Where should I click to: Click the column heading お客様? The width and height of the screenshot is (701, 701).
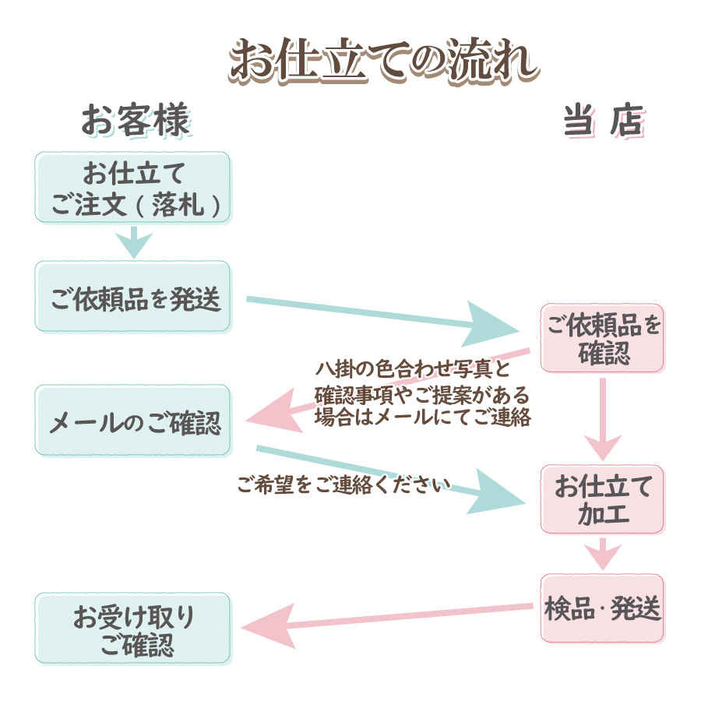click(135, 122)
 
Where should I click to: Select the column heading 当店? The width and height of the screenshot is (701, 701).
click(603, 122)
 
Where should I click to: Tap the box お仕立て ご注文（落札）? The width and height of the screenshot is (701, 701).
click(132, 187)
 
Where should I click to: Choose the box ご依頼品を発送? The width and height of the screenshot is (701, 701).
click(132, 297)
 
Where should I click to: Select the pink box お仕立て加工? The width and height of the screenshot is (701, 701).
click(602, 499)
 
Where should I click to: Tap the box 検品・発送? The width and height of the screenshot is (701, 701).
click(602, 608)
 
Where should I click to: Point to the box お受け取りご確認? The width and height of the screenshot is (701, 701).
click(132, 629)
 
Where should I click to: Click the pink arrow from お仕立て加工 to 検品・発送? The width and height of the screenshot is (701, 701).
click(602, 555)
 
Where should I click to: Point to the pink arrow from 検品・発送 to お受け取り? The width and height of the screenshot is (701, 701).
click(389, 619)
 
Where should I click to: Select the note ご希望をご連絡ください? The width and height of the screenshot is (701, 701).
click(343, 484)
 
